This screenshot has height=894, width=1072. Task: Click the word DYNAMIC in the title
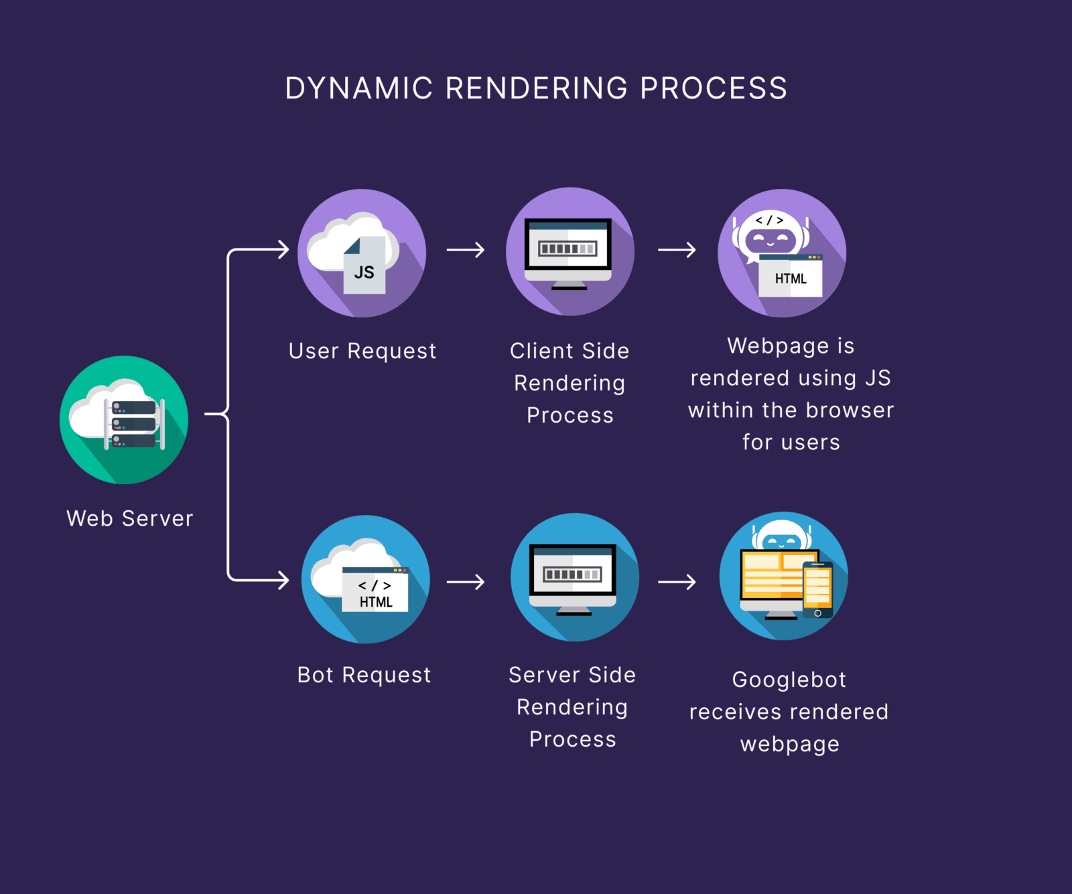[x=359, y=88]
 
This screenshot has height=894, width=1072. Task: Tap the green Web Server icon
[x=124, y=420]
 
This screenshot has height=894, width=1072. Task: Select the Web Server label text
[x=130, y=518]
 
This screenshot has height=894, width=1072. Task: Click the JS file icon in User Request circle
[x=364, y=266]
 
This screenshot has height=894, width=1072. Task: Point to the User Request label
[x=362, y=351]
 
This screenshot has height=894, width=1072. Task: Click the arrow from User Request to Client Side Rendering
[x=466, y=250]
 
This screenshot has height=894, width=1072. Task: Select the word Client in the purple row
[x=539, y=351]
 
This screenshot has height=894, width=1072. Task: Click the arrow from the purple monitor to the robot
[x=677, y=250]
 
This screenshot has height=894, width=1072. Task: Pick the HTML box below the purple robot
[x=791, y=277]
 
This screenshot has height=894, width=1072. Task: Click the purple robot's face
[x=770, y=239]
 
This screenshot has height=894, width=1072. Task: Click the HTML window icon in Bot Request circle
[x=375, y=590]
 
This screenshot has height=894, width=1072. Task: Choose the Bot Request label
[x=364, y=675]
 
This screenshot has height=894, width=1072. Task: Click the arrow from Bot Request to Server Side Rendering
[x=466, y=582]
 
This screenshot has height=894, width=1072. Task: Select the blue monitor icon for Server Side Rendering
[x=574, y=578]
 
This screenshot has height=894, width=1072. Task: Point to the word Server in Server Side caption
[x=538, y=675]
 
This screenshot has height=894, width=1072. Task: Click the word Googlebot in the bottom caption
[x=789, y=680]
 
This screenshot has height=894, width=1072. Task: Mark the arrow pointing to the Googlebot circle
[x=677, y=582]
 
